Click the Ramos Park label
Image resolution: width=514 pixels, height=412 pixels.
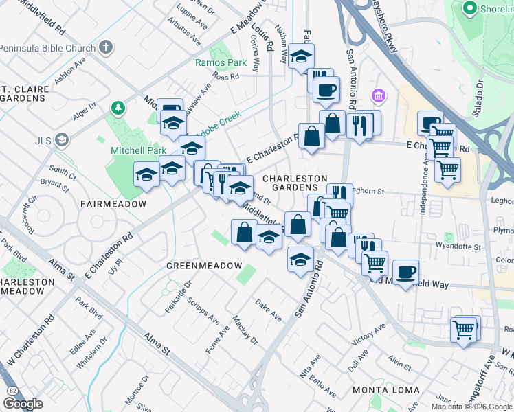[x=221, y=62]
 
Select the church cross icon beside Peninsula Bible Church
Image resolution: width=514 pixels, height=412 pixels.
[x=104, y=47]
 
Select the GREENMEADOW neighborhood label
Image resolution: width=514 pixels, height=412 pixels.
[x=204, y=266]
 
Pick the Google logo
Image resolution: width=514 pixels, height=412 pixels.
[x=23, y=404]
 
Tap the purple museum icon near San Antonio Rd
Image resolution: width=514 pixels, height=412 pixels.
[x=377, y=95]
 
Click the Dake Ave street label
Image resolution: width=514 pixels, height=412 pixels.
[x=269, y=310]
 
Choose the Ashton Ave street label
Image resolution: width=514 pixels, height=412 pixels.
[x=69, y=69]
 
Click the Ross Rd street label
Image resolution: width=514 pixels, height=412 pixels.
[x=225, y=77]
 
